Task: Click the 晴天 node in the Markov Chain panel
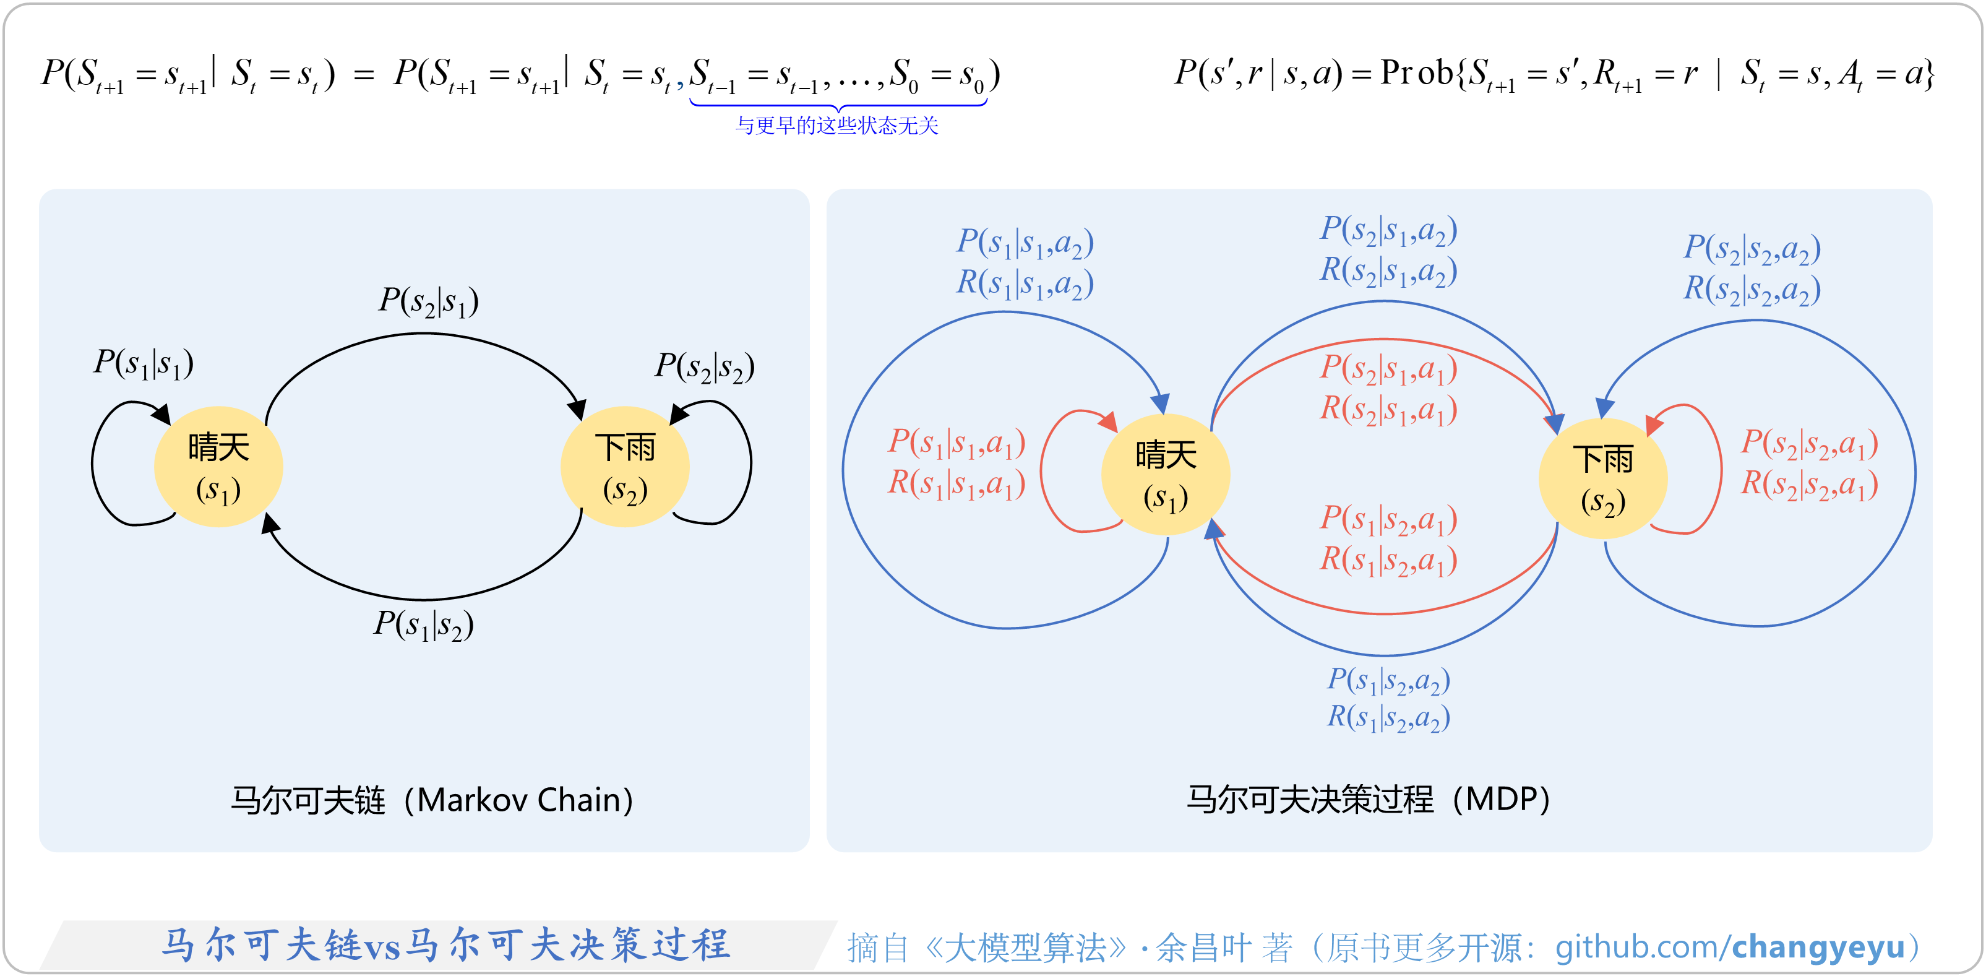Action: (x=218, y=467)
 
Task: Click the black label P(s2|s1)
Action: (x=429, y=301)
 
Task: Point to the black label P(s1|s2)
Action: (x=423, y=624)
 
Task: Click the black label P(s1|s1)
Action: (x=144, y=363)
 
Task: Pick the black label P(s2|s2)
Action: (x=704, y=367)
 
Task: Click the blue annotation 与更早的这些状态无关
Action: (x=836, y=126)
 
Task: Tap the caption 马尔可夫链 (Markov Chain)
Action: (x=432, y=800)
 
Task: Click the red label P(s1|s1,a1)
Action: (x=956, y=443)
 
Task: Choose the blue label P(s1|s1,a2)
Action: (x=1025, y=243)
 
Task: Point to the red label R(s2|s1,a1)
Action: (x=1388, y=409)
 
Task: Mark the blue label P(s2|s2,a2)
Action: (x=1752, y=249)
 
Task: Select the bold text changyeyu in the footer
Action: (x=1819, y=947)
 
